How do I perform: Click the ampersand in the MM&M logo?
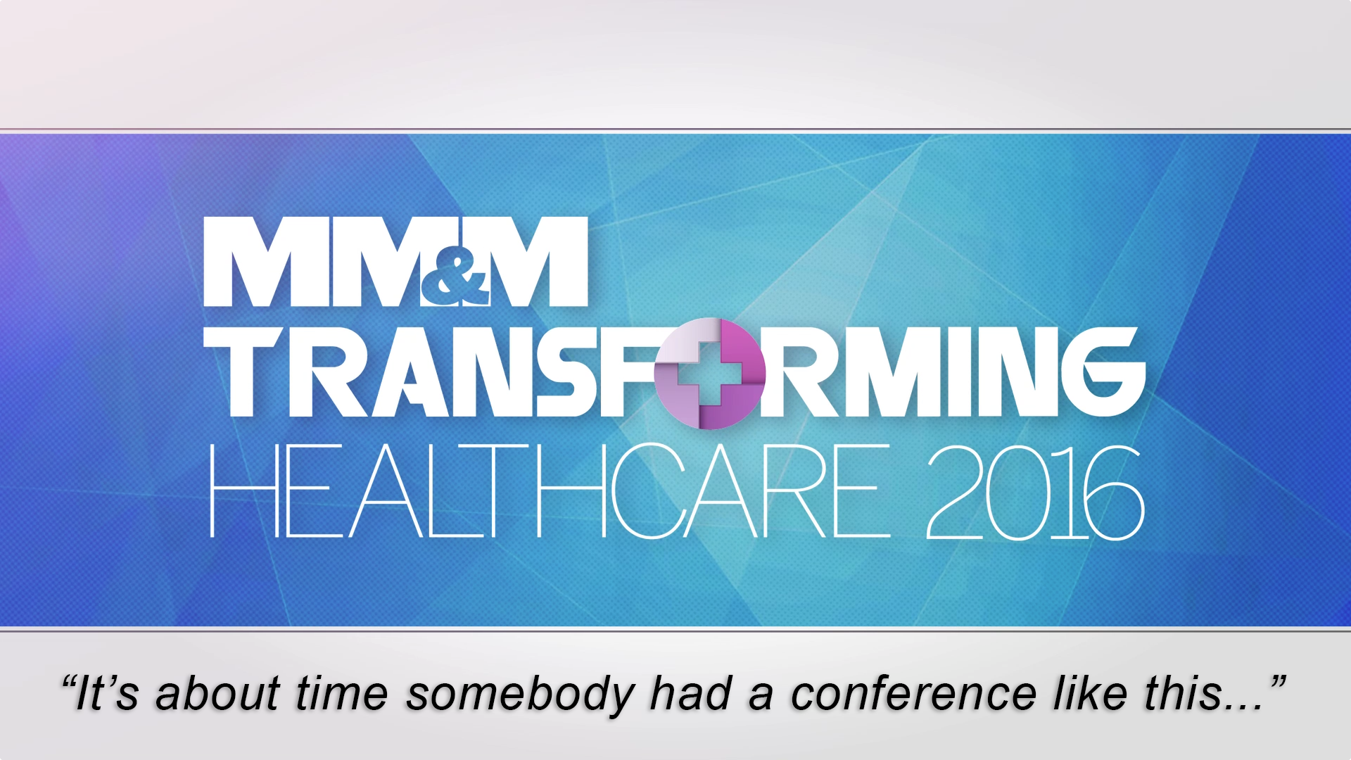point(455,280)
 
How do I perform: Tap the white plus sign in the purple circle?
point(710,374)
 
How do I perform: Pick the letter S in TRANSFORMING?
point(563,372)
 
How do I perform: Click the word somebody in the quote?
point(520,695)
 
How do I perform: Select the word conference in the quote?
point(913,693)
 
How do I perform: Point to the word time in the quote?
point(342,693)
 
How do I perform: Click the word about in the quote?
point(218,693)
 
